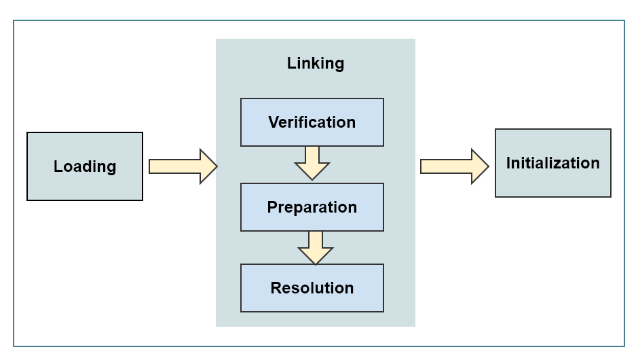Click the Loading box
coord(85,166)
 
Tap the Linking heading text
coord(316,63)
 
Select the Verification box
coord(312,122)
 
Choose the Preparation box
coord(312,207)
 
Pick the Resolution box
coord(312,288)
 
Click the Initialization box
coord(553,163)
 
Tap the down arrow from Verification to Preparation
coord(312,163)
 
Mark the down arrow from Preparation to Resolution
coord(316,247)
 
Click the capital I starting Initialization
coord(509,163)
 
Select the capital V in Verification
coord(274,122)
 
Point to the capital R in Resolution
coord(276,288)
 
